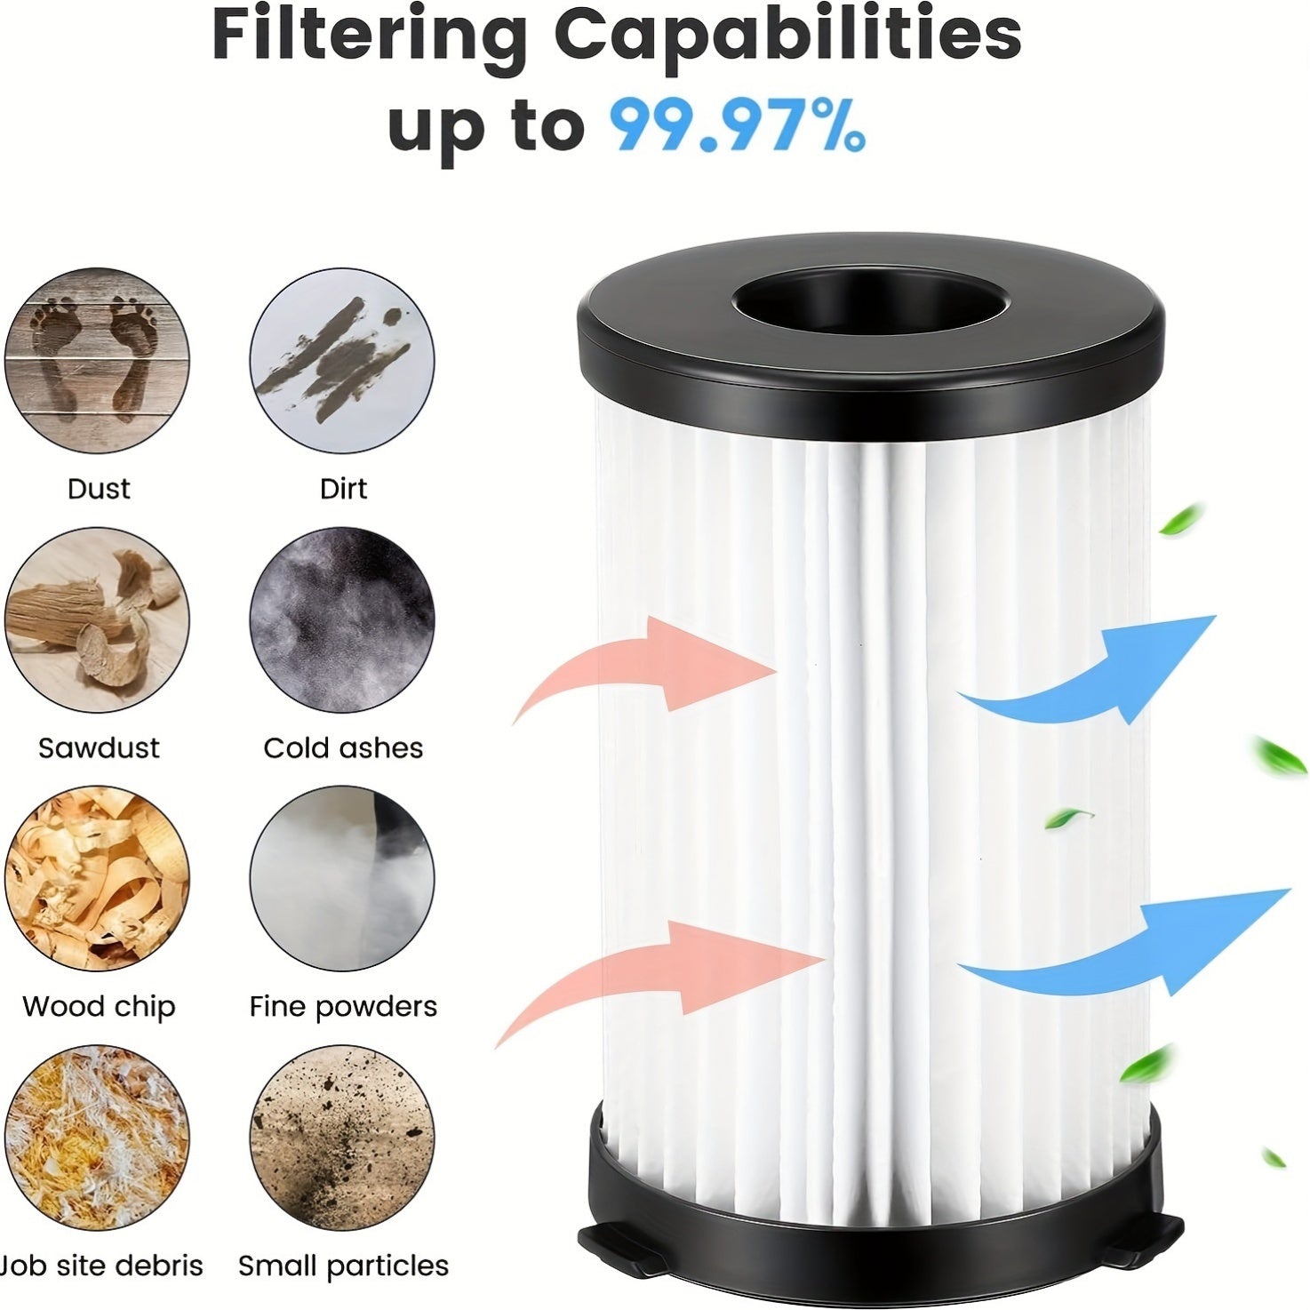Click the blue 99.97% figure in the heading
(x=737, y=126)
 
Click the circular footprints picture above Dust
(x=97, y=361)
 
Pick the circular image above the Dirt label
(x=342, y=361)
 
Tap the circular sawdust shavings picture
(x=97, y=620)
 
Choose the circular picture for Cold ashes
(x=342, y=620)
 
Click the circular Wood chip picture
(x=97, y=879)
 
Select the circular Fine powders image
(x=342, y=879)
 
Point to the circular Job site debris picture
(x=97, y=1138)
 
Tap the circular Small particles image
(x=342, y=1138)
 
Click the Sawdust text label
(x=99, y=747)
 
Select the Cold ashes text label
(x=343, y=747)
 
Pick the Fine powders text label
(x=343, y=1006)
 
